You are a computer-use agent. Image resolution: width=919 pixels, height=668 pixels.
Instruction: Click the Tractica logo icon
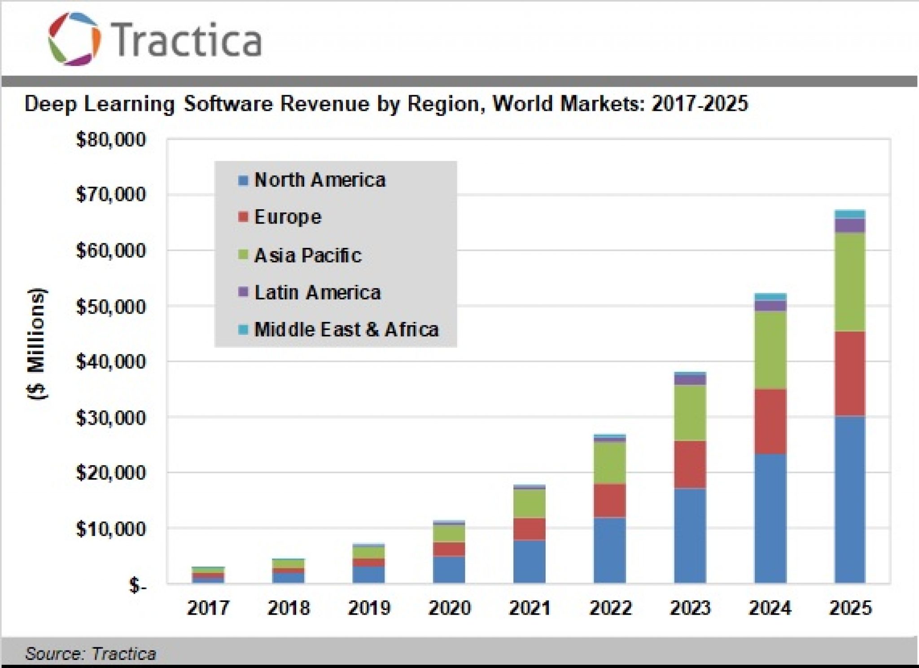tap(74, 39)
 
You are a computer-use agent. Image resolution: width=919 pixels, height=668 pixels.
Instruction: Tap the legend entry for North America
tap(319, 180)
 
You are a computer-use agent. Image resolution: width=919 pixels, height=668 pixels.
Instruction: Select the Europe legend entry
tap(287, 217)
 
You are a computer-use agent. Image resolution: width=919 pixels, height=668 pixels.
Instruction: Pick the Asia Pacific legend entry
tap(307, 255)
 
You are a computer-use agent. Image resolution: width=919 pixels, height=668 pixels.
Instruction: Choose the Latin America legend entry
tap(317, 293)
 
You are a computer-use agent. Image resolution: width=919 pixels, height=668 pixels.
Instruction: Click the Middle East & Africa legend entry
tap(346, 330)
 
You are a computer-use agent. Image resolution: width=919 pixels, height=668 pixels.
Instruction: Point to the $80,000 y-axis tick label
tap(111, 140)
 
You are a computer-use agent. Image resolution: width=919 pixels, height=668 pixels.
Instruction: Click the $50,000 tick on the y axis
tap(111, 307)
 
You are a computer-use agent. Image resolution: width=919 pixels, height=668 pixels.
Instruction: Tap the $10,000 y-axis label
tap(111, 529)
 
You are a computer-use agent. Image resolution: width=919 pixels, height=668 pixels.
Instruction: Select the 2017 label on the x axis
tap(208, 608)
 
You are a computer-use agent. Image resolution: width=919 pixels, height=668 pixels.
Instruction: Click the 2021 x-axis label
tap(530, 608)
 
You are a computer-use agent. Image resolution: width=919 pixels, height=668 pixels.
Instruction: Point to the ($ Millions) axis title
tap(37, 343)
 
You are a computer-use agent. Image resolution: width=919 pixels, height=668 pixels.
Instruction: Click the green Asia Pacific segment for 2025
tap(850, 282)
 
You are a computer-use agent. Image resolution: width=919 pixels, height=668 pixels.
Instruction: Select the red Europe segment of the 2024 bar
tap(770, 421)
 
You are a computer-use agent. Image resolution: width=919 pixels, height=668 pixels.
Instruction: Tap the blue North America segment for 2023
tap(690, 535)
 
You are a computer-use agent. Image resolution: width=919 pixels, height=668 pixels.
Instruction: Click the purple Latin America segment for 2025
tap(850, 226)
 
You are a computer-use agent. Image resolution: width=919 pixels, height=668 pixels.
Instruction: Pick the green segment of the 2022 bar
tap(609, 462)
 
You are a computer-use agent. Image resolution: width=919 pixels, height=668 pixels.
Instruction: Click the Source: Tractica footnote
tap(90, 654)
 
